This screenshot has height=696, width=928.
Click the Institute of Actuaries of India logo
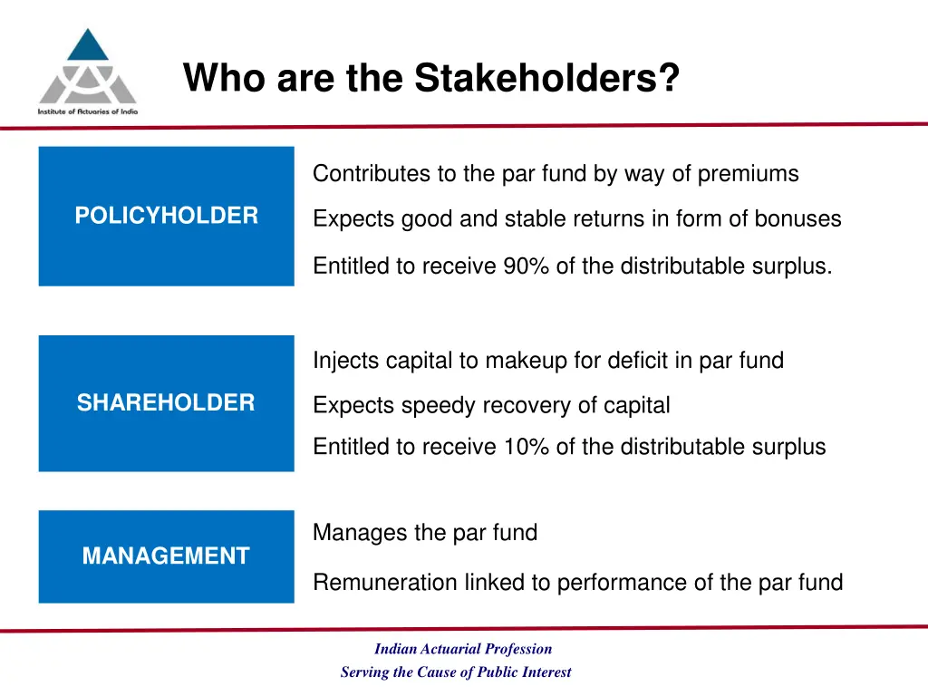pyautogui.click(x=87, y=71)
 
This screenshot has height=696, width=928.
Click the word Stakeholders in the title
pyautogui.click(x=546, y=78)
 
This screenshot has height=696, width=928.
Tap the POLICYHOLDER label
pyautogui.click(x=166, y=216)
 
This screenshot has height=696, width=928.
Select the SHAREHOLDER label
pyautogui.click(x=166, y=403)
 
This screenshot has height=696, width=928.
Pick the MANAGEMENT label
pyautogui.click(x=166, y=556)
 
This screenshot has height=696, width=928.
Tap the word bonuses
pyautogui.click(x=797, y=219)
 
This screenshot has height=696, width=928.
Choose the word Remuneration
pyautogui.click(x=385, y=583)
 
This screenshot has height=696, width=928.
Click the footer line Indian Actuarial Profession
pyautogui.click(x=462, y=649)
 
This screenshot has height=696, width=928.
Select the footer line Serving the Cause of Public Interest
pyautogui.click(x=456, y=672)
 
